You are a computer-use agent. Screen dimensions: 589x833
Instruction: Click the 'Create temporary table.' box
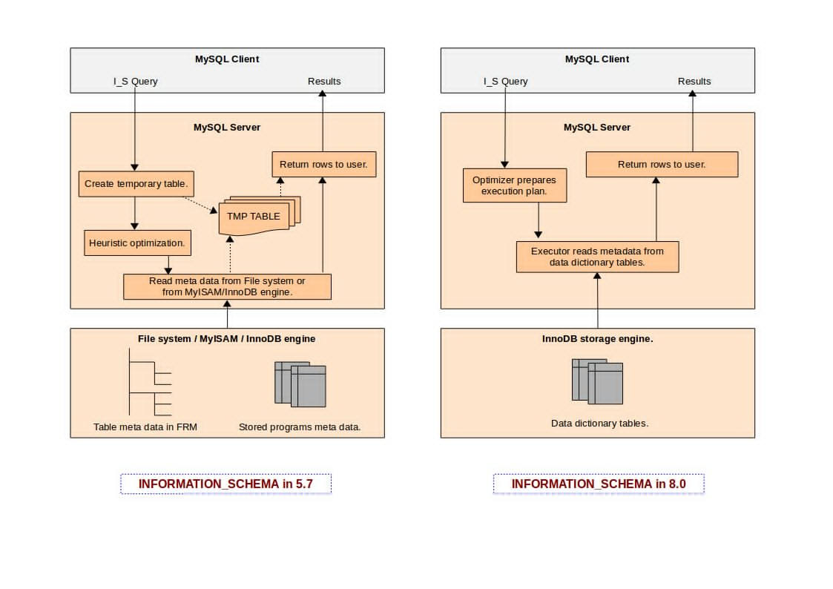pyautogui.click(x=136, y=184)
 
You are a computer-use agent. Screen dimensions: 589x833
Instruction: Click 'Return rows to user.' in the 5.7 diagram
pyautogui.click(x=323, y=164)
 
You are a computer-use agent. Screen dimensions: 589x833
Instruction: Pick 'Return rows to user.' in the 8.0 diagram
pyautogui.click(x=662, y=164)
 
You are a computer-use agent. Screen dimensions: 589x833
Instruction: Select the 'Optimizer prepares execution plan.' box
pyautogui.click(x=514, y=185)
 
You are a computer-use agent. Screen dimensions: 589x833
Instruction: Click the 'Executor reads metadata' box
pyautogui.click(x=597, y=257)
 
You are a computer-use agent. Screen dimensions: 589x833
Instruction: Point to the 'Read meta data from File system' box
pyautogui.click(x=227, y=286)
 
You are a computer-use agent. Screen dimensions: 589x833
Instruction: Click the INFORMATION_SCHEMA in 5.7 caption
pyautogui.click(x=225, y=484)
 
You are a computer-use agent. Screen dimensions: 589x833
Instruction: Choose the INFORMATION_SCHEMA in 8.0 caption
pyautogui.click(x=598, y=484)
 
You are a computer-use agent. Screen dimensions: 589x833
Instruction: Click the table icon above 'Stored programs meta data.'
pyautogui.click(x=300, y=384)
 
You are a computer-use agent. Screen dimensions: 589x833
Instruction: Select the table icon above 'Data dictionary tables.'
pyautogui.click(x=597, y=381)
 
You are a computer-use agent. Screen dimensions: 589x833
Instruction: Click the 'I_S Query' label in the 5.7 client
pyautogui.click(x=135, y=82)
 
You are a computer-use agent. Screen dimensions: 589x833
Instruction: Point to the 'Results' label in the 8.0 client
pyautogui.click(x=694, y=82)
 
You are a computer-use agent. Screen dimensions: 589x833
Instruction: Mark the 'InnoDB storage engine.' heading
pyautogui.click(x=597, y=339)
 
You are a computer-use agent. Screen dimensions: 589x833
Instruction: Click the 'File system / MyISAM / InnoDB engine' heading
pyautogui.click(x=227, y=339)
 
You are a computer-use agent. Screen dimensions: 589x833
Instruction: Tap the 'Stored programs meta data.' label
pyautogui.click(x=300, y=427)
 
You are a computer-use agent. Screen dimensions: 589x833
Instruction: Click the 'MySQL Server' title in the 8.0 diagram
pyautogui.click(x=597, y=128)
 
